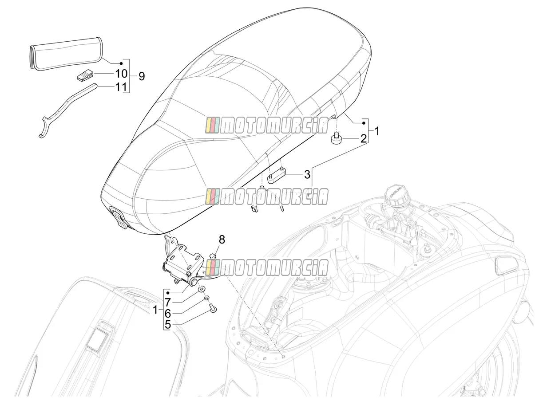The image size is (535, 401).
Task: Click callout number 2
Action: (363, 138)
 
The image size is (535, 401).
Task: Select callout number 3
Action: (307, 174)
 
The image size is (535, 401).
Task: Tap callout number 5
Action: (168, 324)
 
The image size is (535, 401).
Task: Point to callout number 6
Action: (168, 313)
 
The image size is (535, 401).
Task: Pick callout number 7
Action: (168, 303)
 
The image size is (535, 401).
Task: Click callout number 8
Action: (222, 240)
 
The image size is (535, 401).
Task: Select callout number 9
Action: (142, 76)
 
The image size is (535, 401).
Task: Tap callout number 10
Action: (121, 74)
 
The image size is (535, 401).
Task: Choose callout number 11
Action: (121, 87)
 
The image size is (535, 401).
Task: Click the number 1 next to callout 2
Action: (377, 131)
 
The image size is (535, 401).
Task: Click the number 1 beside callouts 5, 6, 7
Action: (155, 310)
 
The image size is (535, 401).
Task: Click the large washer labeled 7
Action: (202, 289)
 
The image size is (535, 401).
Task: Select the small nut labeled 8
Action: (213, 256)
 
